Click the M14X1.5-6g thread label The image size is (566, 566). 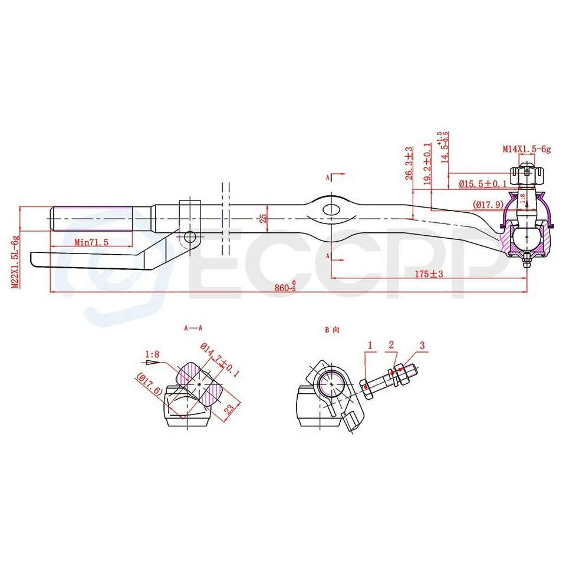526,150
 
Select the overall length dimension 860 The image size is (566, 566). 285,287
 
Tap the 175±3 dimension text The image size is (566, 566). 429,274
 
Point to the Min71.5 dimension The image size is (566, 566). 92,242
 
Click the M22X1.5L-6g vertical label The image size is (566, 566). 16,262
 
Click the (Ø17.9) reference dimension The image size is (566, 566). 486,205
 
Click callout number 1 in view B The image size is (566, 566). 370,344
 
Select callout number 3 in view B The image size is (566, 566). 422,344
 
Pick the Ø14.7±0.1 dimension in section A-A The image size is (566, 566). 220,361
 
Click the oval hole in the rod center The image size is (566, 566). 330,209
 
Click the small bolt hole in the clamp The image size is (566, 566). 189,237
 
